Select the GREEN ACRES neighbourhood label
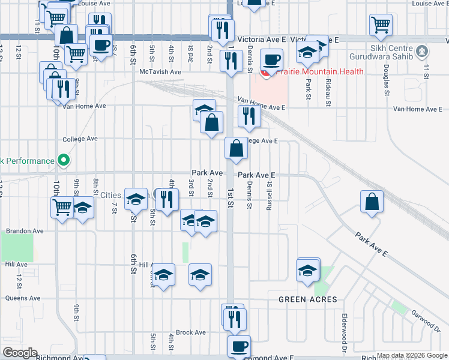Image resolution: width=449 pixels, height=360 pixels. coord(307,299)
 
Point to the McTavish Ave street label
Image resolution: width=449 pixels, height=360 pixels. coord(160,72)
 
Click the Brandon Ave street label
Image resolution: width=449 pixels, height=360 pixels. coord(25,230)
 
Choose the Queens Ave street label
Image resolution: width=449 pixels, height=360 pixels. coord(22,298)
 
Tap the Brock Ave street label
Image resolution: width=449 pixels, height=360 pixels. coord(191,332)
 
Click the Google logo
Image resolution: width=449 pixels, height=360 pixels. coord(19,353)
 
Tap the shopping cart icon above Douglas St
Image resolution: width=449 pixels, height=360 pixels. coord(381,25)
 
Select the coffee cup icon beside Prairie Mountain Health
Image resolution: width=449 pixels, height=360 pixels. coord(272,59)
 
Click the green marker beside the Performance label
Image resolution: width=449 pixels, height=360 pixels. coord(62,160)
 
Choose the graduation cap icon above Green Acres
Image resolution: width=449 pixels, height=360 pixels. coord(308,270)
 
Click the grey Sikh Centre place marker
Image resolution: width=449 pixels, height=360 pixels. coord(422,51)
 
